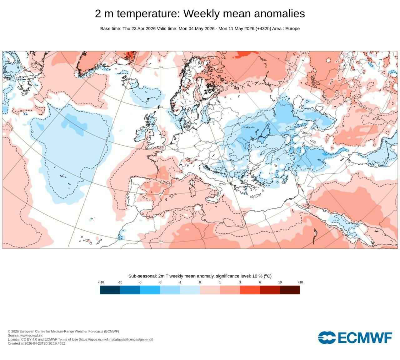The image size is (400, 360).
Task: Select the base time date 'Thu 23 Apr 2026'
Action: click(x=139, y=29)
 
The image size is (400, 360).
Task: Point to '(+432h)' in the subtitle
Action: click(x=263, y=29)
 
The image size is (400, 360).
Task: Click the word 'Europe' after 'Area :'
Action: click(x=292, y=29)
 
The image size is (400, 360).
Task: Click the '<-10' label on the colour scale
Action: click(x=101, y=282)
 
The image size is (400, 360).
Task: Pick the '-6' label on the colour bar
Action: click(x=140, y=282)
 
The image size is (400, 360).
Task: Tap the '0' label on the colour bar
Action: click(x=200, y=282)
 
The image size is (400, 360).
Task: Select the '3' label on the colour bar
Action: click(x=240, y=282)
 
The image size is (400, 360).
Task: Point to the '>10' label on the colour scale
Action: click(x=300, y=282)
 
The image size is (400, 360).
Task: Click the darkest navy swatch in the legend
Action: click(x=110, y=290)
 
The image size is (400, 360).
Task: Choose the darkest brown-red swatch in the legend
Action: click(x=290, y=290)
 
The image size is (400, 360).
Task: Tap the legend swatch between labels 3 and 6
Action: click(x=250, y=290)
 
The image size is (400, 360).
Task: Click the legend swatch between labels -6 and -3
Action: click(x=150, y=290)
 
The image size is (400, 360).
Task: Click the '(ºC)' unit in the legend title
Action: click(x=267, y=276)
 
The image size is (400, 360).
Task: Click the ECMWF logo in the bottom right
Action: click(x=355, y=337)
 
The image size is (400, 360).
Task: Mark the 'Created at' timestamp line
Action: click(x=37, y=343)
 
